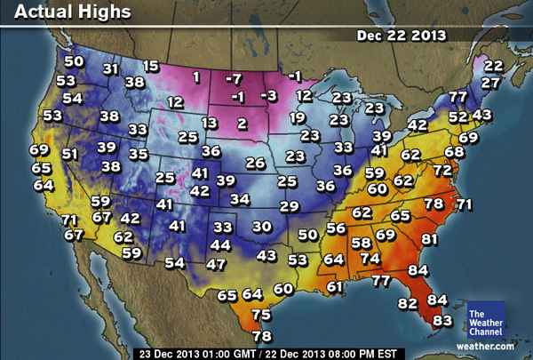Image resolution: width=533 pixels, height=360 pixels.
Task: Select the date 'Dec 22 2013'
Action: (402, 36)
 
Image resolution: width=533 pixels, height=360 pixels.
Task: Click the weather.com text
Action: (486, 344)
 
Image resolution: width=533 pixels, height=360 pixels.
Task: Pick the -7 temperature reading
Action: (234, 79)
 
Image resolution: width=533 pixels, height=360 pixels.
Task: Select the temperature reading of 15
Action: (151, 66)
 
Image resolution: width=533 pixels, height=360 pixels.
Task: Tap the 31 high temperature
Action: (111, 68)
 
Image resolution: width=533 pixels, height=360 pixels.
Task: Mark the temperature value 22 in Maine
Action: (493, 66)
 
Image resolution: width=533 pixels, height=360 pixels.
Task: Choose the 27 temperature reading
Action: (489, 83)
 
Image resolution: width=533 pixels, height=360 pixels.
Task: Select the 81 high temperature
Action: (431, 239)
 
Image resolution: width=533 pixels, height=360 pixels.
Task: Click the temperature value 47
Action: (216, 264)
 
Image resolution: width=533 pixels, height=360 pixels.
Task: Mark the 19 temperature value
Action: (298, 117)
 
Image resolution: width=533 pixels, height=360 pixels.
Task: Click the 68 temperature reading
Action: (454, 152)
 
